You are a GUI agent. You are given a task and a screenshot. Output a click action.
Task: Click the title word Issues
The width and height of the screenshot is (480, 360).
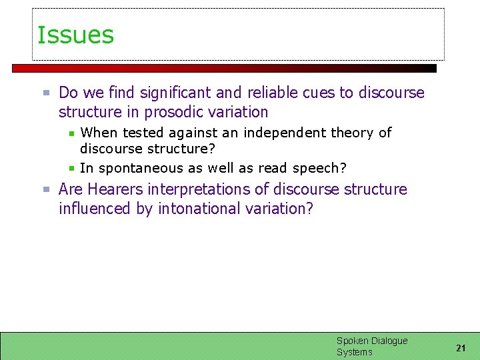75,35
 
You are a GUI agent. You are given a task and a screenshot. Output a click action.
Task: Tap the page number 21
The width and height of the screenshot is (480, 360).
461,348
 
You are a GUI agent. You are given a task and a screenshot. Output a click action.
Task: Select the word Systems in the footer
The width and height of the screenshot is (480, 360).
354,352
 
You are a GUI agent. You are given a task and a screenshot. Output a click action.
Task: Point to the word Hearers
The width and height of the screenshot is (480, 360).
115,189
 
